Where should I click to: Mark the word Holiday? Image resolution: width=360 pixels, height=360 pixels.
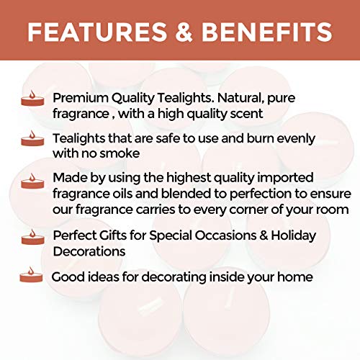point(289,236)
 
